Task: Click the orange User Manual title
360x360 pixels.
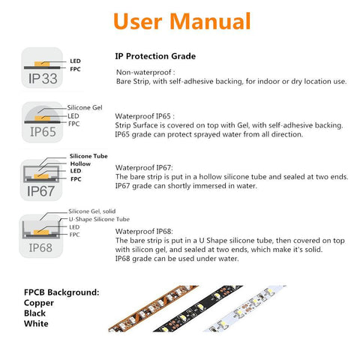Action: [x=181, y=22]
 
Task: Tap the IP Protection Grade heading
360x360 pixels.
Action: [x=155, y=56]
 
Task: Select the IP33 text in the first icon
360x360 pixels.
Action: [x=43, y=79]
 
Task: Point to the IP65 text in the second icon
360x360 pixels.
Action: [x=43, y=132]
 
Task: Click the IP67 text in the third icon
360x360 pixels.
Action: [x=40, y=191]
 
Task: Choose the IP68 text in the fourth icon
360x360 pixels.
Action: [x=40, y=247]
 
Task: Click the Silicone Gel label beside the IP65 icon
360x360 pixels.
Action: [x=85, y=108]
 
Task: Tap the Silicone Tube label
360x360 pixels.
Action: [x=88, y=156]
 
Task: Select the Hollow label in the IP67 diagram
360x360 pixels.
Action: [x=80, y=163]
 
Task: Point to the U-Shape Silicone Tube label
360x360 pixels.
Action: [x=99, y=219]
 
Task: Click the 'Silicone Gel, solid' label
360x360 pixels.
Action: [x=92, y=211]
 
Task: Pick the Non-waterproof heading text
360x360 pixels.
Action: [x=145, y=72]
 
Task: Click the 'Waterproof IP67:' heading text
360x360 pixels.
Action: [x=144, y=167]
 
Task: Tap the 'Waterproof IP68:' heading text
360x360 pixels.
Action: [x=144, y=231]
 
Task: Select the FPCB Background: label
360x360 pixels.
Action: [x=61, y=292]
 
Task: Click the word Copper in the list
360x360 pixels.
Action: [x=39, y=303]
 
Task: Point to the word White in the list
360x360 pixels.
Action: [x=36, y=323]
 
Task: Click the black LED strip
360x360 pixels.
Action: [x=197, y=309]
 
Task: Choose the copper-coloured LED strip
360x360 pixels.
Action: [x=153, y=309]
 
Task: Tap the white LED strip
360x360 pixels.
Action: [x=244, y=308]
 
